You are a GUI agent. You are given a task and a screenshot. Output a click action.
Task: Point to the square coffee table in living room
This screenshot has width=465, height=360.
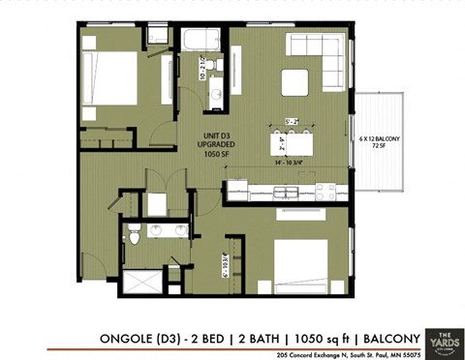(x=295, y=82)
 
